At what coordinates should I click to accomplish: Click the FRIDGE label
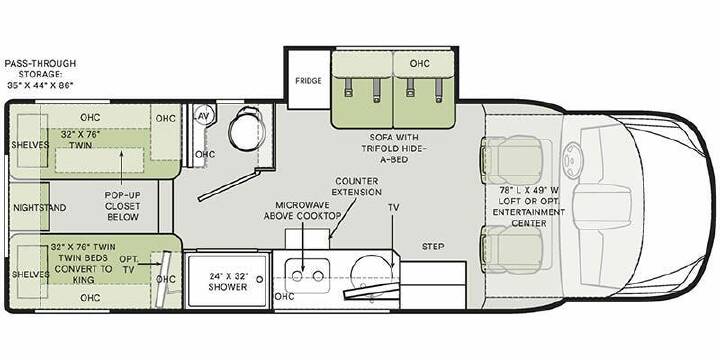[x=308, y=81]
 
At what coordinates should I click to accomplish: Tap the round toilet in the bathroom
[x=247, y=130]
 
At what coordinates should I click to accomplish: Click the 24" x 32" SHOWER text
[x=228, y=281]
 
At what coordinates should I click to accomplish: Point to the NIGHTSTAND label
[x=39, y=208]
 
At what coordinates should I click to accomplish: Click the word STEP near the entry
[x=433, y=247]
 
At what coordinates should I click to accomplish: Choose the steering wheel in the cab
[x=572, y=162]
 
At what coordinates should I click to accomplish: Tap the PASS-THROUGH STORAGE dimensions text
[x=40, y=74]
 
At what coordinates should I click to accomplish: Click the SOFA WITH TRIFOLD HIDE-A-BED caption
[x=392, y=148]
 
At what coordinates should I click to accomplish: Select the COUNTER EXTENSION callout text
[x=358, y=186]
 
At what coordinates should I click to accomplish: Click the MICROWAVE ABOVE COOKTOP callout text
[x=302, y=210]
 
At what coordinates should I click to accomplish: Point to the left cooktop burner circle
[x=297, y=276]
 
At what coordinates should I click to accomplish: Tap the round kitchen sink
[x=371, y=276]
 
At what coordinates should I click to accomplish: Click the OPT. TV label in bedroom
[x=129, y=264]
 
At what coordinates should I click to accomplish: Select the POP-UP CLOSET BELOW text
[x=123, y=206]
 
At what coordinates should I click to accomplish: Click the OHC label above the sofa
[x=419, y=63]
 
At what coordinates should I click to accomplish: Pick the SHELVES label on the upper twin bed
[x=30, y=145]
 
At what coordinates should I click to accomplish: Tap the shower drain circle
[x=260, y=279]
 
